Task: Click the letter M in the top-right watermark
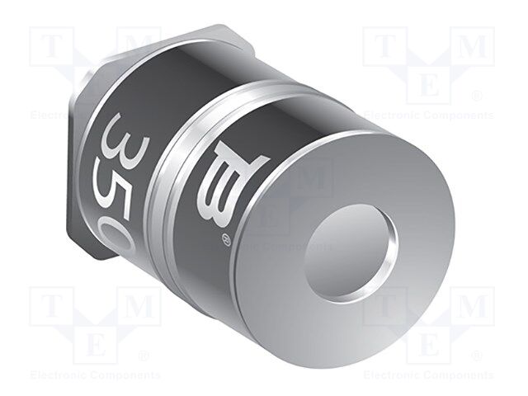click(x=472, y=46)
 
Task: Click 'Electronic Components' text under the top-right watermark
click(x=429, y=115)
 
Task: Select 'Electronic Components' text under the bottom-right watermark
click(x=429, y=375)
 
